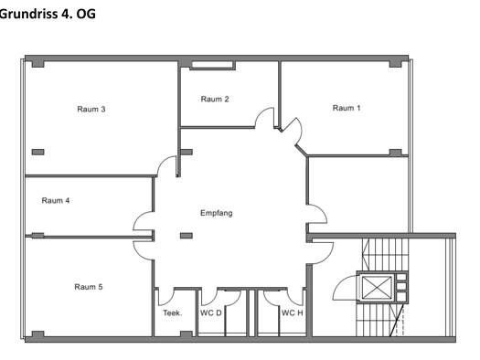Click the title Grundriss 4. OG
pyautogui.click(x=48, y=14)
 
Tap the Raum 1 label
pyautogui.click(x=347, y=108)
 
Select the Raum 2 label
pyautogui.click(x=215, y=99)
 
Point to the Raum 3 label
pyautogui.click(x=91, y=110)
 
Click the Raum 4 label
pyautogui.click(x=56, y=201)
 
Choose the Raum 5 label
pyautogui.click(x=89, y=287)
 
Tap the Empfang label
pyautogui.click(x=217, y=213)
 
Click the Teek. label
pyautogui.click(x=173, y=312)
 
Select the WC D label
pyautogui.click(x=211, y=312)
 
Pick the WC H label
pyautogui.click(x=292, y=312)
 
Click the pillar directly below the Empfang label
pyautogui.click(x=187, y=236)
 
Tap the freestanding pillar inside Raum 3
pyautogui.click(x=38, y=152)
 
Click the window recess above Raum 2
pyautogui.click(x=212, y=65)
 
